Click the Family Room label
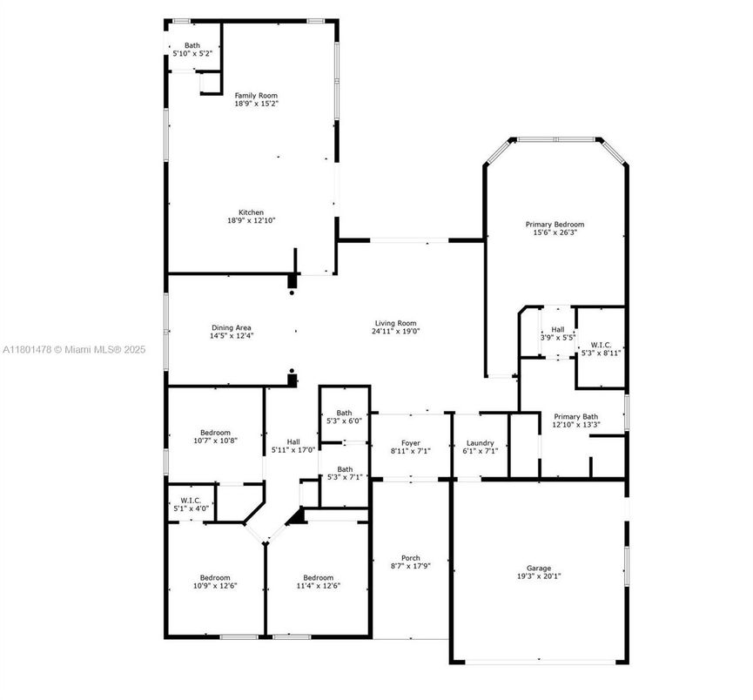256,95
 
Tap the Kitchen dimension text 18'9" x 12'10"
252,220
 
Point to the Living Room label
396,322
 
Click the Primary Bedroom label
555,225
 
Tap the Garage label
538,568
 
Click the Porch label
410,558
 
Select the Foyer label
410,443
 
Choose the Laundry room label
480,443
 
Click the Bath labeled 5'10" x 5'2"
192,45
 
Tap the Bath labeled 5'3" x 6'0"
345,413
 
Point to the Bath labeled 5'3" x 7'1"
345,469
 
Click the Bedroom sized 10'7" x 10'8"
215,433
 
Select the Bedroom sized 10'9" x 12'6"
215,577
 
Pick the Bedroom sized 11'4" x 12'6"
318,577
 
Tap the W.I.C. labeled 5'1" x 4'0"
191,501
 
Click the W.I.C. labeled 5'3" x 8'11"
600,344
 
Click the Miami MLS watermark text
74,350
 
